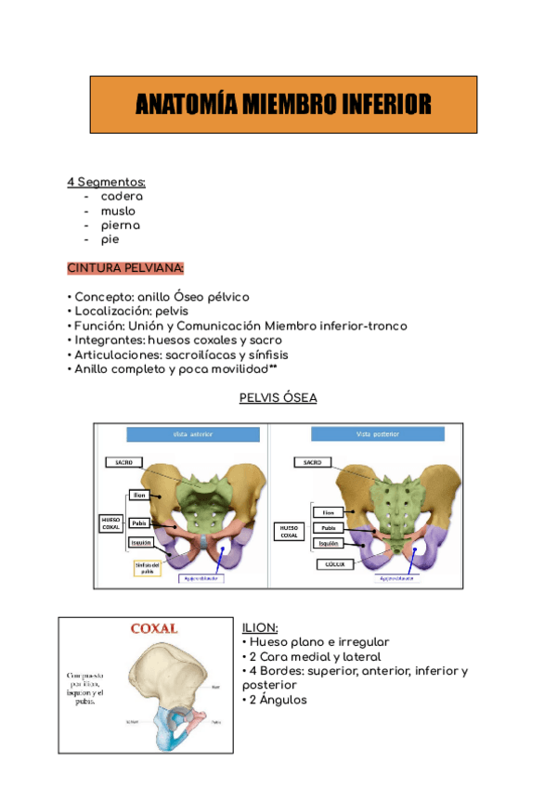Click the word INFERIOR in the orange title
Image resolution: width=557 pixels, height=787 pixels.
click(x=381, y=105)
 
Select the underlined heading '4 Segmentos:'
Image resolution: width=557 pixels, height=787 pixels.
click(x=106, y=182)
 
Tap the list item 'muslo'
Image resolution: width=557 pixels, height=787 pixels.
click(x=118, y=211)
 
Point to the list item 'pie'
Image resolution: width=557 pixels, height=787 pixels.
click(x=110, y=239)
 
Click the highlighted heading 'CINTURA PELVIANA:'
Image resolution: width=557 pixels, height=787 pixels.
click(x=125, y=268)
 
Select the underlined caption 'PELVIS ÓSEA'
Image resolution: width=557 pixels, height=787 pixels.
click(x=278, y=398)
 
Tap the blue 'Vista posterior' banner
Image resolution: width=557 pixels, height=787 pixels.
click(x=375, y=435)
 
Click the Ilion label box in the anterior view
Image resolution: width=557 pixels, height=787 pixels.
click(x=139, y=496)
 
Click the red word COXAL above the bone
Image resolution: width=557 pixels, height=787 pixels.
click(x=153, y=628)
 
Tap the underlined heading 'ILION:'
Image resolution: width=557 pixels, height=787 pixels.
click(x=259, y=628)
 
